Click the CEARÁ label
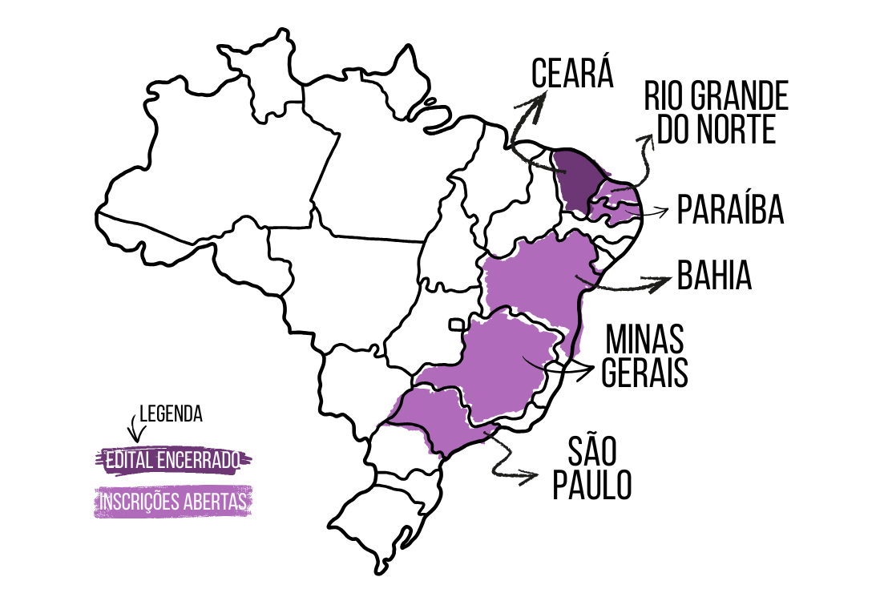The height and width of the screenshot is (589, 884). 572,75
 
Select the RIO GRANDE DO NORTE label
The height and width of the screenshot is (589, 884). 716,113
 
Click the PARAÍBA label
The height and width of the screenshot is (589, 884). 729,210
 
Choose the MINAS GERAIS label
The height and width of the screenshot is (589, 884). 645,356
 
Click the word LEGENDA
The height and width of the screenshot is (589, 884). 171,414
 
